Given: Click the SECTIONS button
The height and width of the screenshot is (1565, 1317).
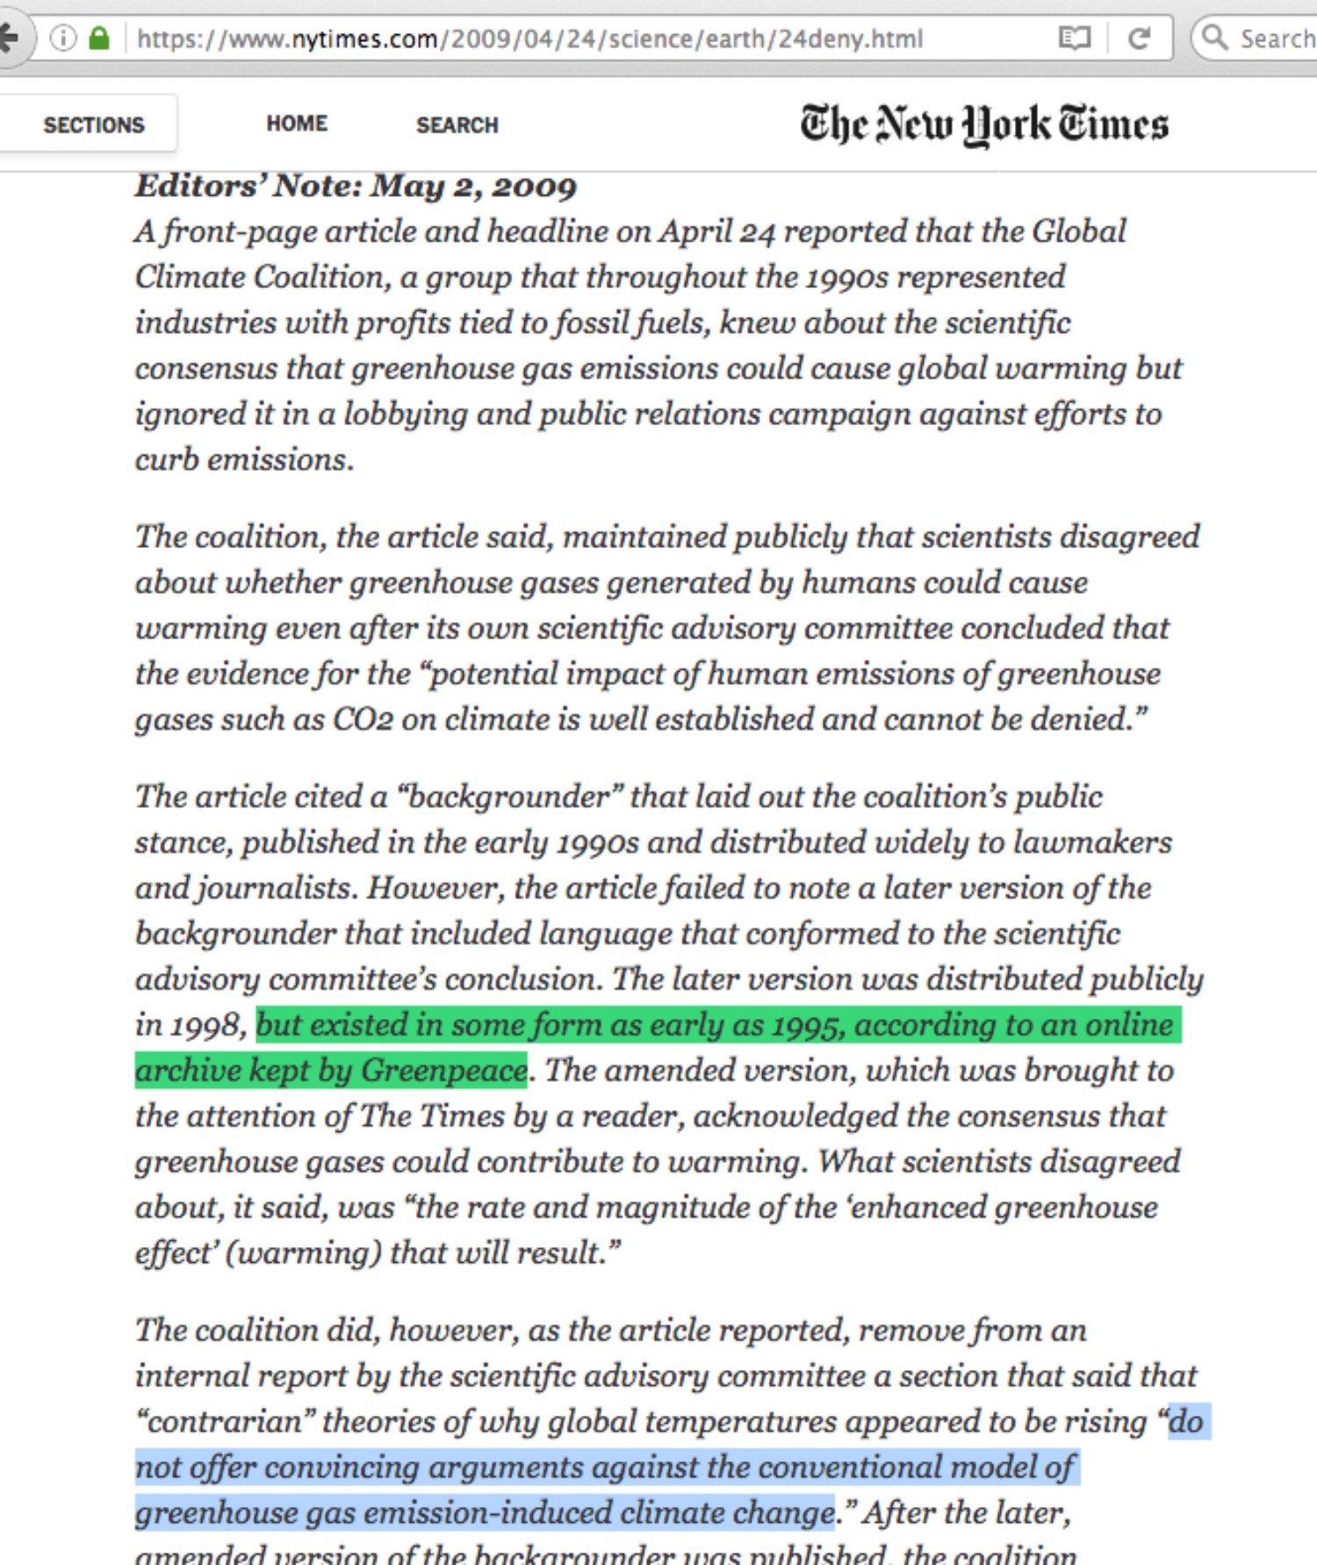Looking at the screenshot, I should [93, 125].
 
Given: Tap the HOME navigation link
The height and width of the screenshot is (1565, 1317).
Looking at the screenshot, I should [297, 124].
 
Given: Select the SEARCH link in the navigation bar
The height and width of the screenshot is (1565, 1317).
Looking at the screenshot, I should [457, 125].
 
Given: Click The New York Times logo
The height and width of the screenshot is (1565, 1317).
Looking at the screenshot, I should [983, 125].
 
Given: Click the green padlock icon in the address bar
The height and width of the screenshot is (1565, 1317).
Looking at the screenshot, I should [99, 39].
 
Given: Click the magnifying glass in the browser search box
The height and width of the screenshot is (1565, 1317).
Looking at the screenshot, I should [1214, 38].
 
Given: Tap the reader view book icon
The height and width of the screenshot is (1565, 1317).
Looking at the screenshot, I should [1075, 39].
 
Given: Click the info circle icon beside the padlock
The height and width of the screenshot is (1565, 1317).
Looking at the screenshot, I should [63, 39].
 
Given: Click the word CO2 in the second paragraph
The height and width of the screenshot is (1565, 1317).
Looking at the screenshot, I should [362, 719].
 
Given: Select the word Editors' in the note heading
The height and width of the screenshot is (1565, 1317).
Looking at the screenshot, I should [200, 186].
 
